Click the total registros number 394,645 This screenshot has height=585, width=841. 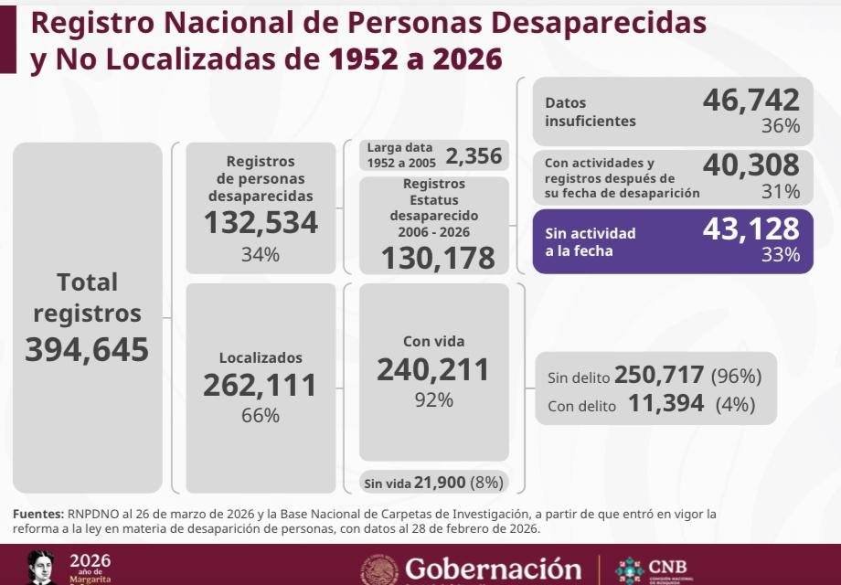point(87,349)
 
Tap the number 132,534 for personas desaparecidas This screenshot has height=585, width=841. point(261,222)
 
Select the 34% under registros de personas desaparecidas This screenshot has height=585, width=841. point(261,254)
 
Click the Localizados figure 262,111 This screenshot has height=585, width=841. point(261,385)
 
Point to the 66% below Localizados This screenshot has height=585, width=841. point(261,415)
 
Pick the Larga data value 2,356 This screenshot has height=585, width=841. point(474,156)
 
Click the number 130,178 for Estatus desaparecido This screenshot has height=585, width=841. point(438,258)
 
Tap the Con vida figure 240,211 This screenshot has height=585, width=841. point(433,369)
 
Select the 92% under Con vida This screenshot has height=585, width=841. point(433,399)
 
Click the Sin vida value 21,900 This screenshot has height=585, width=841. point(440,483)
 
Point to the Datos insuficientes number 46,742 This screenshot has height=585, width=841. point(751,100)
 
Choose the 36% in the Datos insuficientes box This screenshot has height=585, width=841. point(781,125)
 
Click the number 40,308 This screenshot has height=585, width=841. point(751,165)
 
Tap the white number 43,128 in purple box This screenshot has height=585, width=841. point(751,229)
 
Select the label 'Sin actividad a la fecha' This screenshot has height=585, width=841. point(590,242)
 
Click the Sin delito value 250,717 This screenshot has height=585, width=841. point(659,375)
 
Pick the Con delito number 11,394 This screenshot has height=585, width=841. point(665,403)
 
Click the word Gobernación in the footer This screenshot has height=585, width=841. point(493,569)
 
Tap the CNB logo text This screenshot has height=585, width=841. point(667,567)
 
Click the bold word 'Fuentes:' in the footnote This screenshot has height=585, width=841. point(38,514)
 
